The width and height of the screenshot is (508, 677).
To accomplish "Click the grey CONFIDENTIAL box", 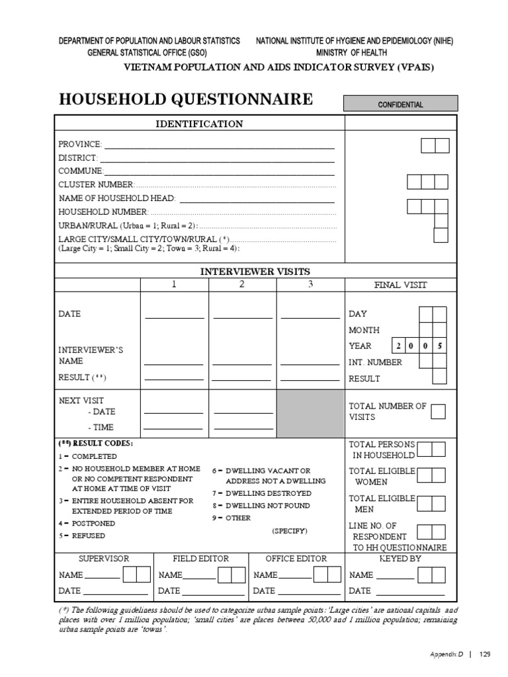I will click(x=400, y=104).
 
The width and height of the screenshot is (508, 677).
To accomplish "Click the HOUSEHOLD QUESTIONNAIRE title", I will click(x=186, y=99).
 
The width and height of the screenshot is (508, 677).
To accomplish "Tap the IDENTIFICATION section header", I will click(x=198, y=124).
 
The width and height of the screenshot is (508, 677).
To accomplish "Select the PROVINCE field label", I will click(x=80, y=144).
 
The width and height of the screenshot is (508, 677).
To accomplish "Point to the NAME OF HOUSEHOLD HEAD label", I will click(x=117, y=198).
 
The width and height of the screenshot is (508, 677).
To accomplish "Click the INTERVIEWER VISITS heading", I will click(x=255, y=271).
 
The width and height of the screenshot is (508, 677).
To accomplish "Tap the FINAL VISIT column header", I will click(x=401, y=285).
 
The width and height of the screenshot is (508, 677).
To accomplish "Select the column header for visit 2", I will click(x=242, y=284).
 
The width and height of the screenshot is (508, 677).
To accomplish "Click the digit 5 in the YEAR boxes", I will click(x=440, y=346).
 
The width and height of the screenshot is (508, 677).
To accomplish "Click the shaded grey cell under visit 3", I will click(x=311, y=413).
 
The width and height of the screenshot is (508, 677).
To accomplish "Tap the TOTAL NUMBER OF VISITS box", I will click(x=438, y=411).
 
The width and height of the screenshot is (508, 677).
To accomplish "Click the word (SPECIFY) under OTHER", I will click(x=289, y=531).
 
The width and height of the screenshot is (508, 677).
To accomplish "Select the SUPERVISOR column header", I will click(x=104, y=559).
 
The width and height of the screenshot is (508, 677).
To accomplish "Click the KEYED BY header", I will click(x=400, y=559).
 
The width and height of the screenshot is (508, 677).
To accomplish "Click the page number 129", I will click(x=485, y=654).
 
